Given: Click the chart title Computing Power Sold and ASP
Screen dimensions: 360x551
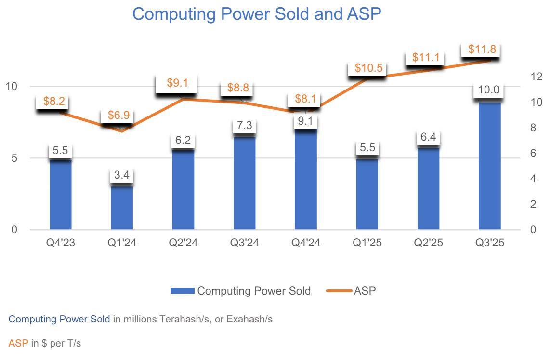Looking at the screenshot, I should pos(256,14).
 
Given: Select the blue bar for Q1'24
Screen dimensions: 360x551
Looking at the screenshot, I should pos(122,207).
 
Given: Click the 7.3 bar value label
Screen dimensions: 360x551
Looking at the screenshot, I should pos(245,126).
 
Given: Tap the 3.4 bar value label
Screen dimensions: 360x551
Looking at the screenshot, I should pos(121,175).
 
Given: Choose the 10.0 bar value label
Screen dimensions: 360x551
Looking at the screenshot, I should pos(488,90).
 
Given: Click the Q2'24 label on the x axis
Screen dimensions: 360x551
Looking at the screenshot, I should pos(183,243).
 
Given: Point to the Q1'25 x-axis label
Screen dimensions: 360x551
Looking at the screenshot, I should pos(367,243).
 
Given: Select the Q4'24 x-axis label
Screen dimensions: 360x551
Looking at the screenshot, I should pos(306,243).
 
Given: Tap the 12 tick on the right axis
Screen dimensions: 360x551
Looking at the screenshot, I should pos(537,77).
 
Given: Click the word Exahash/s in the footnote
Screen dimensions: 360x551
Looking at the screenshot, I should pos(251,319).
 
